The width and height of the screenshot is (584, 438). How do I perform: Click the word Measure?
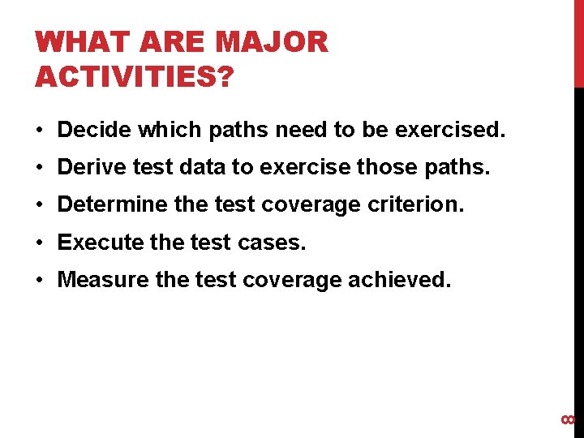coord(103,280)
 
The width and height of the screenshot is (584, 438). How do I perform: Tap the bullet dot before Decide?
coord(40,130)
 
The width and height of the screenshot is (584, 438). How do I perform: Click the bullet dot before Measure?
coord(40,281)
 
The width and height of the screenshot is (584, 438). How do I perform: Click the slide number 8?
coord(569,419)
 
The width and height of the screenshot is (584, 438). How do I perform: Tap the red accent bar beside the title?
coord(578,44)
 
